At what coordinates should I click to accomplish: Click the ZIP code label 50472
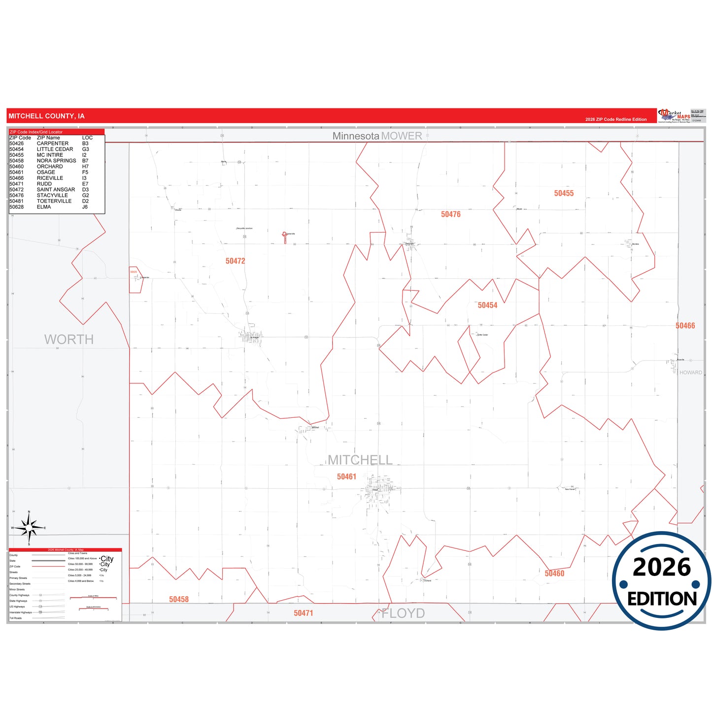tap(235, 261)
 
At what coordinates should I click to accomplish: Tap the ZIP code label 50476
tap(450, 214)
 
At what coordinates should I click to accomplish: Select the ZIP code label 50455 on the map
tap(564, 194)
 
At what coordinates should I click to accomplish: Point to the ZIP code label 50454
tap(487, 305)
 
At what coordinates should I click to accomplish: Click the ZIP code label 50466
tap(685, 326)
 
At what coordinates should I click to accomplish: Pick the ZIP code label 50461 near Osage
tap(346, 477)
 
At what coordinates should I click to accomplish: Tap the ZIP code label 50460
tap(554, 574)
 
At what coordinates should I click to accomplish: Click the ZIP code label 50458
tap(179, 600)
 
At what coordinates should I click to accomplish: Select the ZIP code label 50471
tap(304, 613)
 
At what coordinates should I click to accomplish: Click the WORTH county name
tap(69, 339)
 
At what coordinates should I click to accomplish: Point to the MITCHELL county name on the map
tap(360, 460)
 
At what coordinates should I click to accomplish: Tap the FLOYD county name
tap(404, 613)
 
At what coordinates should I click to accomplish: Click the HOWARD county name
tap(690, 373)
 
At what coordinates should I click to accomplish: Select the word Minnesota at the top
tap(356, 136)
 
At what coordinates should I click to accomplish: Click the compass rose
tap(29, 528)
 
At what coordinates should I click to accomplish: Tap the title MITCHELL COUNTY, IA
tap(46, 116)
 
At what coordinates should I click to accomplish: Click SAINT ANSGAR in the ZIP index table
tap(56, 190)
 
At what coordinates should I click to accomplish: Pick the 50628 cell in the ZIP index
tap(16, 207)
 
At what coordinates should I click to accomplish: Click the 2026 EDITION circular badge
tap(661, 581)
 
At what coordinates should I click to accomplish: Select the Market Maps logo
tap(675, 116)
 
